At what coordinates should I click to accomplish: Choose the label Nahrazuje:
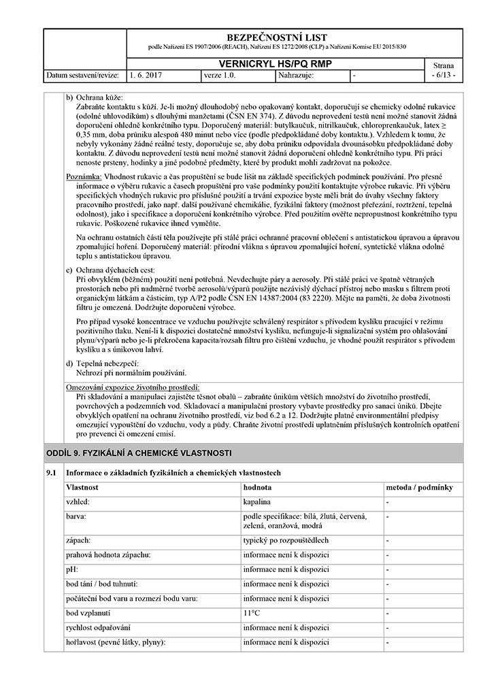tap(296, 75)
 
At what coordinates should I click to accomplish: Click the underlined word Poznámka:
tap(83, 177)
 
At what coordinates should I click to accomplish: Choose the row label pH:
tap(72, 569)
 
